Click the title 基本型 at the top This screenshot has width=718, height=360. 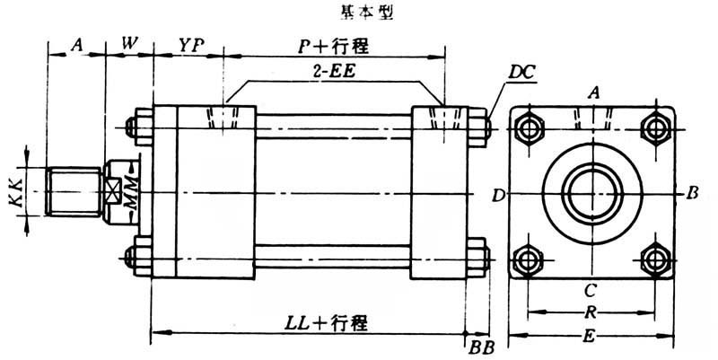click(x=358, y=14)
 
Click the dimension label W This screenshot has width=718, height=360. click(x=129, y=44)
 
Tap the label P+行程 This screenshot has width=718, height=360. click(x=334, y=44)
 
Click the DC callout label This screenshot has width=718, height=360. click(x=519, y=71)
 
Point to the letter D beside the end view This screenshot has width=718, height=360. click(x=496, y=193)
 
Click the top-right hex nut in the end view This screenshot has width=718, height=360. click(x=657, y=127)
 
